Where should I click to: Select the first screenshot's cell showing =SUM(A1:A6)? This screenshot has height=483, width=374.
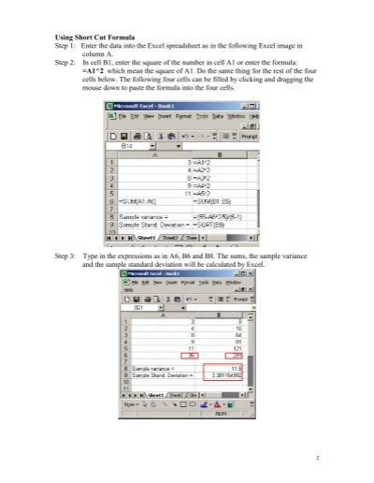click(x=131, y=201)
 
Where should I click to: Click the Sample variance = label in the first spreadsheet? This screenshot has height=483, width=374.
click(x=131, y=216)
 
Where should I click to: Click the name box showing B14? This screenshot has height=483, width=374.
click(x=129, y=147)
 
